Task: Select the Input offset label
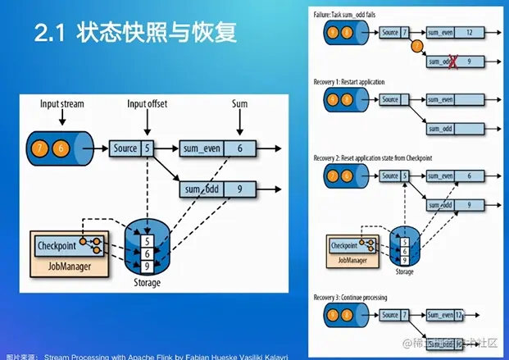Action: point(147,104)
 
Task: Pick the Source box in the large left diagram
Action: point(125,148)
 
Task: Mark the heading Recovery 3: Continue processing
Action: point(357,296)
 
